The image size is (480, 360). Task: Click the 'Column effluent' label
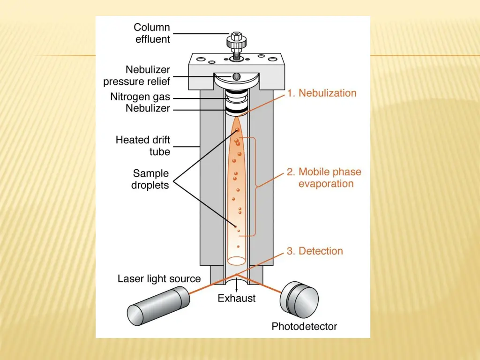152,33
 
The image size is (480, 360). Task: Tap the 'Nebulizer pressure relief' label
137,75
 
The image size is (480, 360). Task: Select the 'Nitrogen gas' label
140,97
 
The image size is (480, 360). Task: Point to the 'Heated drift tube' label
143,146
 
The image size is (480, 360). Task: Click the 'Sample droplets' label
150,179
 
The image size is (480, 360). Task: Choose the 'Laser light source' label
159,279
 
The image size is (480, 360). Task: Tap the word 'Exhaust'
237,298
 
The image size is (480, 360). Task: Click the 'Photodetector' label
304,326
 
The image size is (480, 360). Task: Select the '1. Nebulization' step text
322,93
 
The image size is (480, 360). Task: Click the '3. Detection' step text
315,251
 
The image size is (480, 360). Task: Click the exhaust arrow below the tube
237,285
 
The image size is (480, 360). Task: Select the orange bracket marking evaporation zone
256,187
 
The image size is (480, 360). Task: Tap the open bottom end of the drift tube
237,259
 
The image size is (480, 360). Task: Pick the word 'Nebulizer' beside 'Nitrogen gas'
148,109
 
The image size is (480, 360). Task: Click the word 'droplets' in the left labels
150,185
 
